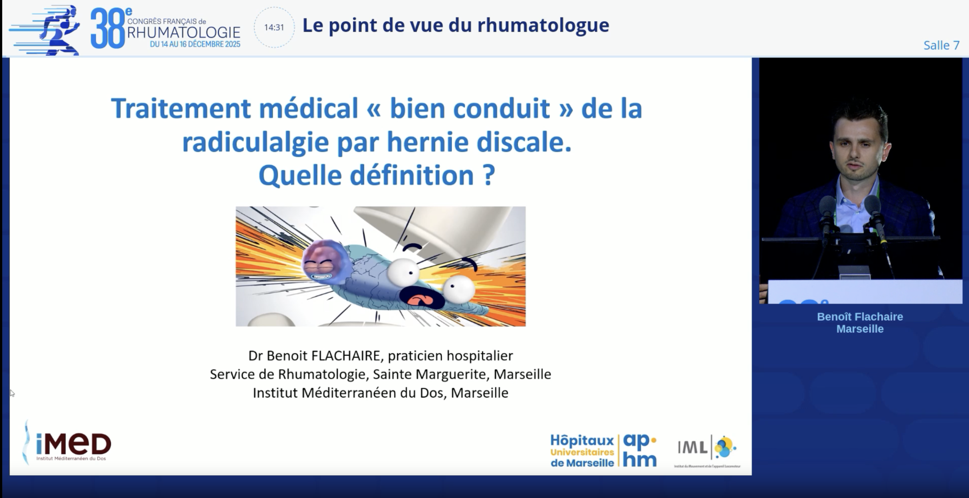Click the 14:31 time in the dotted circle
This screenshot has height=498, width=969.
[274, 28]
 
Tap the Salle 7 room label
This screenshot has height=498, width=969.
[941, 45]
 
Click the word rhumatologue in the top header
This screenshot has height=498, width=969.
[543, 25]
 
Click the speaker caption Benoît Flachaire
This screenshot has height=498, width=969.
[860, 317]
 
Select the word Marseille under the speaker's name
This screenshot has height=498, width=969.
[860, 329]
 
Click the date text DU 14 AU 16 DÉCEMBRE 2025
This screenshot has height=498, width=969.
[195, 44]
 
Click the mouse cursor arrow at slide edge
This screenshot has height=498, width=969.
[12, 393]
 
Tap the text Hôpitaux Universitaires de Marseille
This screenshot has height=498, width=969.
[582, 451]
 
